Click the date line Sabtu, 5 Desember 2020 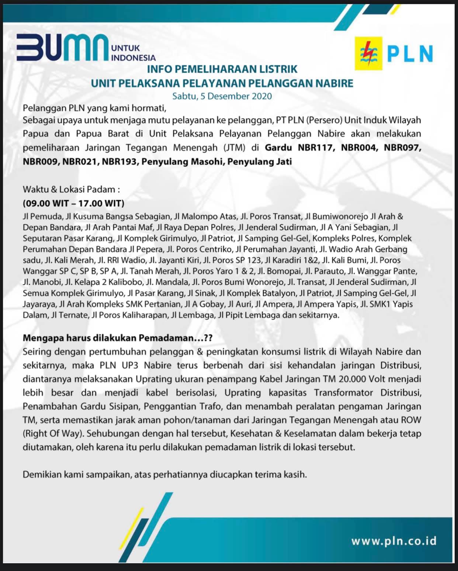[222, 96]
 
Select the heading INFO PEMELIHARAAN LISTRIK [222, 69]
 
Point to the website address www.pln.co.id [393, 541]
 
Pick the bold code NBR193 [119, 161]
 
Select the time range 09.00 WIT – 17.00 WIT [73, 203]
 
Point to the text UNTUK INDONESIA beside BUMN [133, 53]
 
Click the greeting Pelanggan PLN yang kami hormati [92, 108]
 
